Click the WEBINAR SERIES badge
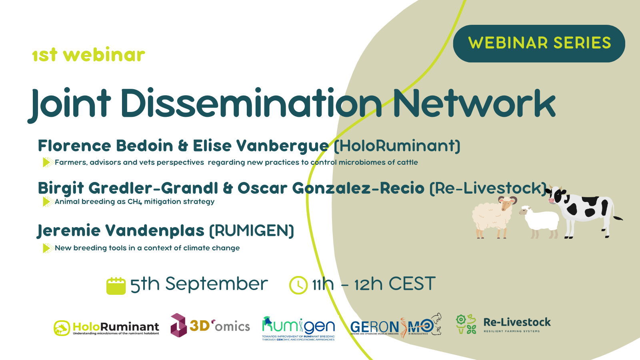pyautogui.click(x=539, y=43)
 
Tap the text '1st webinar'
pyautogui.click(x=88, y=55)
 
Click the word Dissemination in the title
pyautogui.click(x=251, y=103)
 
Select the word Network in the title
pyautogui.click(x=474, y=103)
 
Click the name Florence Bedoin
pyautogui.click(x=105, y=146)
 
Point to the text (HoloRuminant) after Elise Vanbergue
pyautogui.click(x=397, y=146)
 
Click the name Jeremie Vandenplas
pyautogui.click(x=121, y=231)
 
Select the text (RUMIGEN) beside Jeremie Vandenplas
pyautogui.click(x=252, y=231)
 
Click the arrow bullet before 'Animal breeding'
pyautogui.click(x=48, y=202)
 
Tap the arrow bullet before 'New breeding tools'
pyautogui.click(x=48, y=248)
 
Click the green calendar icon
pyautogui.click(x=116, y=286)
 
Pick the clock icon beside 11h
pyautogui.click(x=298, y=285)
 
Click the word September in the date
pyautogui.click(x=216, y=284)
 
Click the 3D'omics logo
pyautogui.click(x=210, y=326)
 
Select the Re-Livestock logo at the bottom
pyautogui.click(x=503, y=324)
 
